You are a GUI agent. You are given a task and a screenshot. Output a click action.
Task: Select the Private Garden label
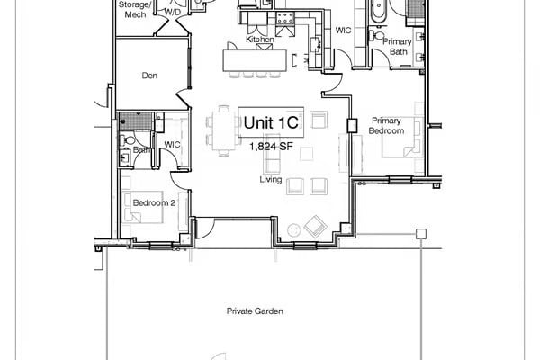click(255, 310)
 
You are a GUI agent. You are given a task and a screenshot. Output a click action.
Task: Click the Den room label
click(150, 76)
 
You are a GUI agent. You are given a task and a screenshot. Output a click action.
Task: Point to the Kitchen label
click(259, 40)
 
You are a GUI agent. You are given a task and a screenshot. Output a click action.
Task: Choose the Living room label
click(271, 180)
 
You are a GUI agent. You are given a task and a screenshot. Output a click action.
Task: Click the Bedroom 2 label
click(154, 203)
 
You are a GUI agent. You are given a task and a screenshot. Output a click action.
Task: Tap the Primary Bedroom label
click(386, 125)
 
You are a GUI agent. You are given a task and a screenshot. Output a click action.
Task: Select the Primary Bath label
click(397, 48)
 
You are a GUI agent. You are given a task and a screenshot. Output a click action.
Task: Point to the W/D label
click(172, 13)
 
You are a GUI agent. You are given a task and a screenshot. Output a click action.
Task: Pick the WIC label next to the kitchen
click(342, 30)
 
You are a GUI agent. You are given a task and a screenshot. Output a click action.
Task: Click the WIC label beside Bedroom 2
click(171, 145)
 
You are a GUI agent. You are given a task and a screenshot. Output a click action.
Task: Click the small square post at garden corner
click(420, 234)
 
